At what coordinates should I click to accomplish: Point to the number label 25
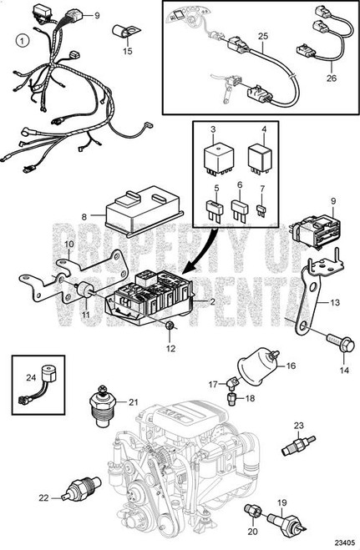tap(263, 37)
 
